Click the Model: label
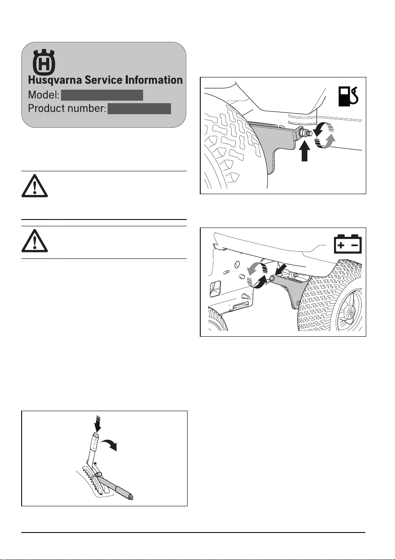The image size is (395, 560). (x=44, y=95)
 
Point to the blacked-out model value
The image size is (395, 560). (x=102, y=95)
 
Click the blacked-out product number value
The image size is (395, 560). (x=139, y=109)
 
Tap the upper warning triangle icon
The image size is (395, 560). (x=35, y=186)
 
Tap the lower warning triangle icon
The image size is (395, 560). (x=35, y=241)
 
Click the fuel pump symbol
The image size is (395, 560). (x=348, y=96)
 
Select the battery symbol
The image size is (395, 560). (x=348, y=244)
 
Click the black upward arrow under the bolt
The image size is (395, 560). (x=304, y=151)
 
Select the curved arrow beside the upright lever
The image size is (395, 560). (x=109, y=443)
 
